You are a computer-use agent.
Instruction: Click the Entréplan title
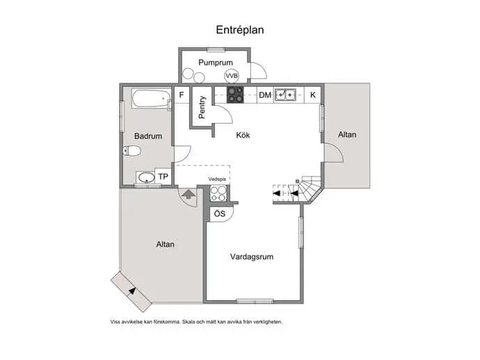240,30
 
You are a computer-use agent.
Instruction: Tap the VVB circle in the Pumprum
232,76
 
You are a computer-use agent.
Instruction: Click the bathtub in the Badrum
151,99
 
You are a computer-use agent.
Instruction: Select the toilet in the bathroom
131,151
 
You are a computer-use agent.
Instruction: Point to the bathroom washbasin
145,177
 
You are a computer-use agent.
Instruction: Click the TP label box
163,177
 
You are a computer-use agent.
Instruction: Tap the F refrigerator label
182,95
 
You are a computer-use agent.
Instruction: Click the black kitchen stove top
235,95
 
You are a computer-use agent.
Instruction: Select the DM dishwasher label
265,95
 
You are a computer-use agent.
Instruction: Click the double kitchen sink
285,95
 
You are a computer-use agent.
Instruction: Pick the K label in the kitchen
313,95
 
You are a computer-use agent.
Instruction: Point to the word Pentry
202,107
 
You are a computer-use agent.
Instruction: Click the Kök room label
243,136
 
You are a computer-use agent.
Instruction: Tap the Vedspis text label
217,179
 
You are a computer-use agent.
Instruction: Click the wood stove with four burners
218,194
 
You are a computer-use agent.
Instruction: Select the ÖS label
220,213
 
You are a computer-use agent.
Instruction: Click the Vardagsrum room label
252,256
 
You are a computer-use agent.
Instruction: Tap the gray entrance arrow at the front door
189,194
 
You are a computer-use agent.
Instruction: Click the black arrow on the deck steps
132,291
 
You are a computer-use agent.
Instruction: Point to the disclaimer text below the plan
196,322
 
